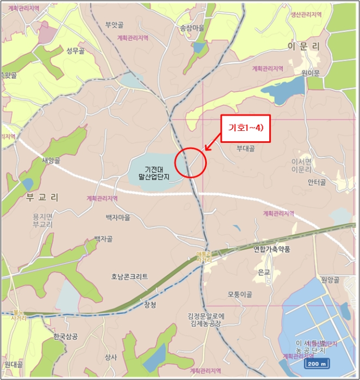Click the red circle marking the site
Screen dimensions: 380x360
191,162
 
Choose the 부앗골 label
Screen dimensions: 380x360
115,24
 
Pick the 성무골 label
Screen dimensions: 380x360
76,51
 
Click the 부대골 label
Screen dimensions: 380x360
245,148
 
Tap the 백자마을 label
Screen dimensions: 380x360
118,217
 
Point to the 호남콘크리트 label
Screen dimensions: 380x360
130,276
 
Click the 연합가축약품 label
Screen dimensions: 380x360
272,249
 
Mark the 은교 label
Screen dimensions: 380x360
264,273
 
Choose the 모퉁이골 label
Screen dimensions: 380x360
240,295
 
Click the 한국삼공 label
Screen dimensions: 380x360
66,337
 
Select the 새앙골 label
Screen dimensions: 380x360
50,160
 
